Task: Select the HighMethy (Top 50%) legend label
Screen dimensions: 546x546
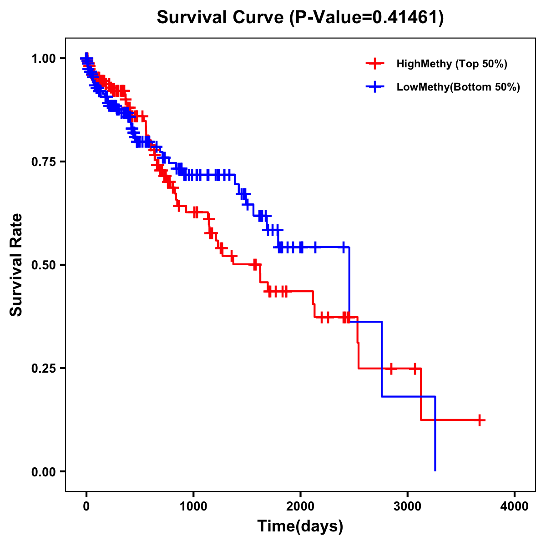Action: (x=452, y=64)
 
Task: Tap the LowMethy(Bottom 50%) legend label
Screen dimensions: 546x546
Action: (x=458, y=87)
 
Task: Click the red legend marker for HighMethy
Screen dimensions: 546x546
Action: (x=374, y=64)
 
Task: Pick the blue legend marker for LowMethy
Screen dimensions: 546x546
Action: (x=374, y=87)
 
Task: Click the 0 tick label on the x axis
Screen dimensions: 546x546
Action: (x=86, y=506)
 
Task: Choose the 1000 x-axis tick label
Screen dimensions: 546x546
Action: (x=193, y=506)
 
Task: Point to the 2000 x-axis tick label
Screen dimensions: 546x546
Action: (x=300, y=506)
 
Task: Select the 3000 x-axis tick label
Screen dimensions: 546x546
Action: (x=408, y=506)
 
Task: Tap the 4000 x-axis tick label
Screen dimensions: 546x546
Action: (x=515, y=506)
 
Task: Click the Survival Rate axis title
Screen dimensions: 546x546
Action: (x=16, y=265)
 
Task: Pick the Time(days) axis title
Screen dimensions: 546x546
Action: (x=300, y=526)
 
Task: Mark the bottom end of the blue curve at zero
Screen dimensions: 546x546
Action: (x=435, y=470)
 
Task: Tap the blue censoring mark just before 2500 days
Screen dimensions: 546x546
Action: (x=344, y=247)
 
